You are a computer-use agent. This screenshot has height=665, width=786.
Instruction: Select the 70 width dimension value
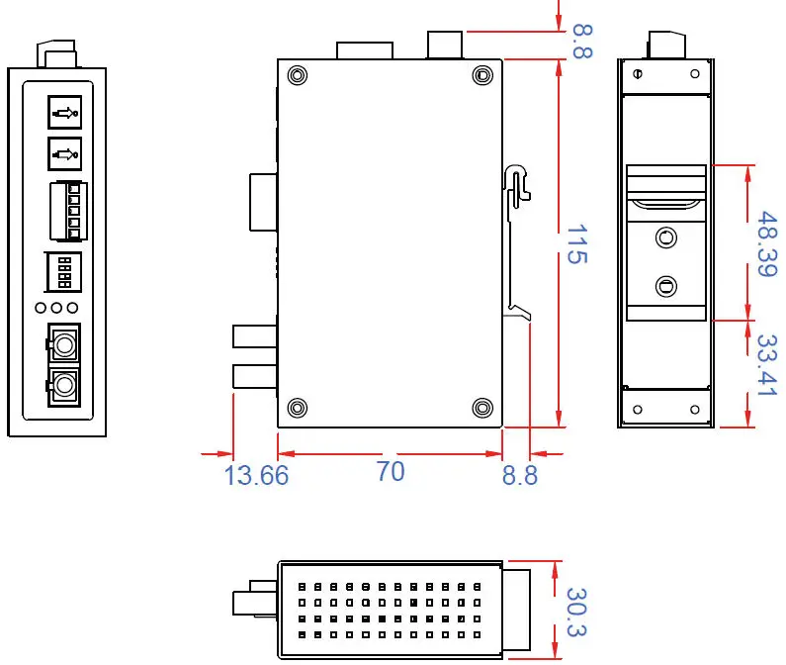pos(391,471)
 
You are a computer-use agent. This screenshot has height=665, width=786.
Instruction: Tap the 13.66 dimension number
pos(256,475)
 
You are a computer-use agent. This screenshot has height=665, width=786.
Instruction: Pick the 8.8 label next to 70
pos(519,475)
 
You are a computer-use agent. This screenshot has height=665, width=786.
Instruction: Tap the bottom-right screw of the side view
pos(482,408)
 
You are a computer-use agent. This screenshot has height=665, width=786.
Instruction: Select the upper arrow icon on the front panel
pos(64,113)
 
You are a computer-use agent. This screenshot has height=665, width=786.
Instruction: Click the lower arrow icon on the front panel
pos(64,153)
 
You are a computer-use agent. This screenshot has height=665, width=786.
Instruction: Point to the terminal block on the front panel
pos(66,211)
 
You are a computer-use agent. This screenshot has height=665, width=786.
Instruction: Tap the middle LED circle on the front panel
pos(56,308)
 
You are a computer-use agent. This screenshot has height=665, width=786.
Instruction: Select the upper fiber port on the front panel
pos(64,345)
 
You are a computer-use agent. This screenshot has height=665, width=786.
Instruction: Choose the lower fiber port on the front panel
pos(64,384)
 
